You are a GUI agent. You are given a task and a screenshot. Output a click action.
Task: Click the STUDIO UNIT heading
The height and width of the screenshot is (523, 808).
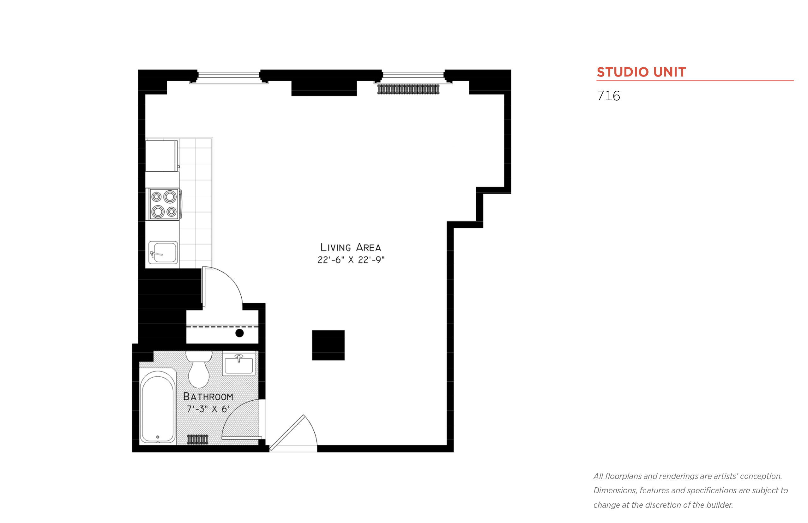pyautogui.click(x=641, y=72)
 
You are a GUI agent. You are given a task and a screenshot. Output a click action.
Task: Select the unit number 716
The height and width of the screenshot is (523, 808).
pyautogui.click(x=608, y=96)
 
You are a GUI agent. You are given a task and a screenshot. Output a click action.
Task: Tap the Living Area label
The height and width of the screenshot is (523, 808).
pyautogui.click(x=350, y=247)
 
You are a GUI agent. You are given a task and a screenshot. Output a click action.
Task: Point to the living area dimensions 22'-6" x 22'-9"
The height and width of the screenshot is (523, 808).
pyautogui.click(x=350, y=260)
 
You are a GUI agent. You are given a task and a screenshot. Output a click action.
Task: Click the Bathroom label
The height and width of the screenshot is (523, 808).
pyautogui.click(x=208, y=397)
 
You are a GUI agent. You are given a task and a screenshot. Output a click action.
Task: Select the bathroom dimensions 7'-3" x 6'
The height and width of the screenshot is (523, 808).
pyautogui.click(x=208, y=409)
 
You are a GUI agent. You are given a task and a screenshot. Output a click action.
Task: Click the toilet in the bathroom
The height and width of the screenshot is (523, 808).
pyautogui.click(x=198, y=370)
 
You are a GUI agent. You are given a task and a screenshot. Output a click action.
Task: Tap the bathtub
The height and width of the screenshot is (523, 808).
pyautogui.click(x=157, y=406)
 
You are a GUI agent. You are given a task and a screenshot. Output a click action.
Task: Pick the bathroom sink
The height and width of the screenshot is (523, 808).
pyautogui.click(x=238, y=364)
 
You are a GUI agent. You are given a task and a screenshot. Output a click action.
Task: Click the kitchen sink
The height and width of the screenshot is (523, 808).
pyautogui.click(x=163, y=252)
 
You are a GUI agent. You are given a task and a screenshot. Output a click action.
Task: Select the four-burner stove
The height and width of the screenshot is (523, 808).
pyautogui.click(x=164, y=204)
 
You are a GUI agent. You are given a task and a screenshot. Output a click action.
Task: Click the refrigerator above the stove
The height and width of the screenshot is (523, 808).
pyautogui.click(x=161, y=156)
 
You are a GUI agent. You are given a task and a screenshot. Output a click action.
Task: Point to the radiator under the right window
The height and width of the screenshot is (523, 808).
pyautogui.click(x=408, y=89)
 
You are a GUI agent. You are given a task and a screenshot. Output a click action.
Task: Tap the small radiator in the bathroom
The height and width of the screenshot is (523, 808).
pyautogui.click(x=197, y=439)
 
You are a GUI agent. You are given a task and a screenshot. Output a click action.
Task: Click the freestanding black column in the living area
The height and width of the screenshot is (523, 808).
pyautogui.click(x=328, y=345)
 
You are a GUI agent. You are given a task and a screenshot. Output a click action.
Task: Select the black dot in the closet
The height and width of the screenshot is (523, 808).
pyautogui.click(x=239, y=333)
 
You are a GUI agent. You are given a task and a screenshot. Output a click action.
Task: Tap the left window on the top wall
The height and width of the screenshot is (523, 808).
pyautogui.click(x=229, y=75)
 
